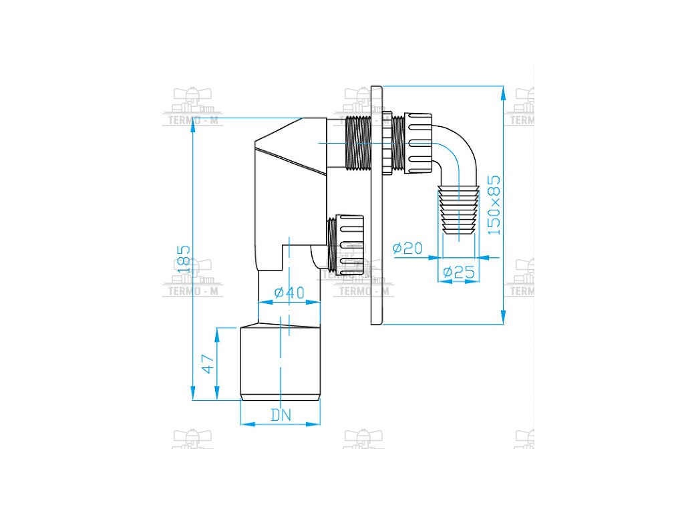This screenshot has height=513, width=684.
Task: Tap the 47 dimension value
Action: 208,364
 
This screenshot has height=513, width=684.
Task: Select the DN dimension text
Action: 281,414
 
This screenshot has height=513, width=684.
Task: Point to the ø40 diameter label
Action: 289,293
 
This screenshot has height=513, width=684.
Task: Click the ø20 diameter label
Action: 407,248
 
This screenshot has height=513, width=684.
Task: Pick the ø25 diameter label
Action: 458,273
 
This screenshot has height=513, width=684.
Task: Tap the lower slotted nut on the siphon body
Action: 350,245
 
